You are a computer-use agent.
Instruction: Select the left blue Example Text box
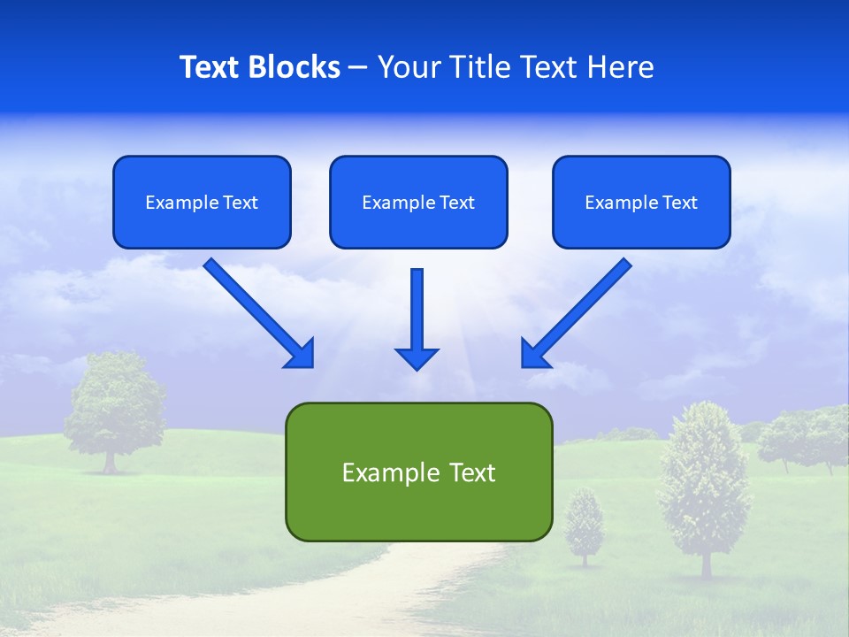(202, 202)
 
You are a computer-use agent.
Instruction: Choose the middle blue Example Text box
(418, 202)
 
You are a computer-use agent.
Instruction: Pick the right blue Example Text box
(641, 202)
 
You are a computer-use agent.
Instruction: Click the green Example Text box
(418, 472)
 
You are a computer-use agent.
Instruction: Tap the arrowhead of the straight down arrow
(417, 357)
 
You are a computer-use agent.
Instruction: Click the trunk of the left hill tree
(110, 462)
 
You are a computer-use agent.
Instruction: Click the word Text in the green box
(469, 472)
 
